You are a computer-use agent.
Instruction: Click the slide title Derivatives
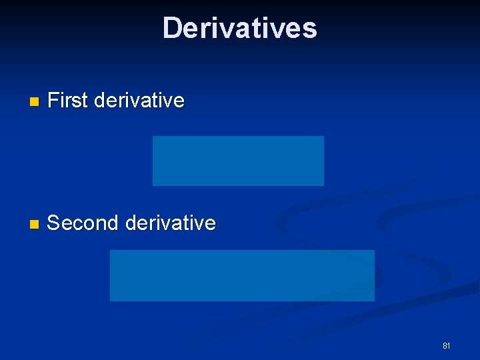(239, 28)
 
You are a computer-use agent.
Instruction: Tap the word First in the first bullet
(68, 101)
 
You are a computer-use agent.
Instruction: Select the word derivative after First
(139, 101)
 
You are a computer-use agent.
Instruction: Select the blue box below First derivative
(238, 161)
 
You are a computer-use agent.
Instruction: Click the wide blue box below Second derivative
(242, 275)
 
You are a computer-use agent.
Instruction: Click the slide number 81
(447, 345)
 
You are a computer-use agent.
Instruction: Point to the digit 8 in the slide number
(445, 345)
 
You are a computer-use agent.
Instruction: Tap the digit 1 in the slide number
(449, 345)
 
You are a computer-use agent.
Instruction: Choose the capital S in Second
(54, 223)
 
